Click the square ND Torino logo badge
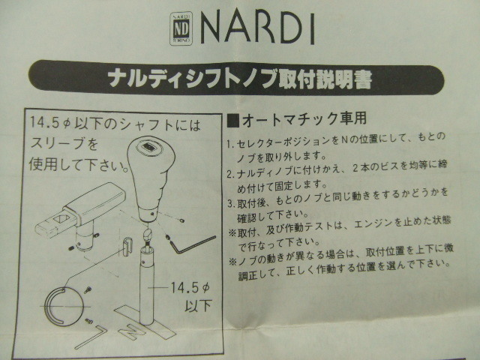pyautogui.click(x=181, y=28)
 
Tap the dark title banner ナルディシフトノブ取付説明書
pyautogui.click(x=236, y=79)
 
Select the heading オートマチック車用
pyautogui.click(x=304, y=119)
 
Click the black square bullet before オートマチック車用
pyautogui.click(x=233, y=121)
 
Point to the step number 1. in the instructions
pyautogui.click(x=231, y=143)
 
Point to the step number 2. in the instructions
pyautogui.click(x=231, y=174)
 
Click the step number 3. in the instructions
pyautogui.click(x=232, y=203)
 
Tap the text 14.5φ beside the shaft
pyautogui.click(x=190, y=288)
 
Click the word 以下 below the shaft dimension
pyautogui.click(x=198, y=305)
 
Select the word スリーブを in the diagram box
pyautogui.click(x=64, y=143)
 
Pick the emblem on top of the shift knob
pyautogui.click(x=148, y=147)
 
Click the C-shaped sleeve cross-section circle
pyautogui.click(x=64, y=306)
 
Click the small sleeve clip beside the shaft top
pyautogui.click(x=127, y=246)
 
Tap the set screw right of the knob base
pyautogui.click(x=182, y=220)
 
